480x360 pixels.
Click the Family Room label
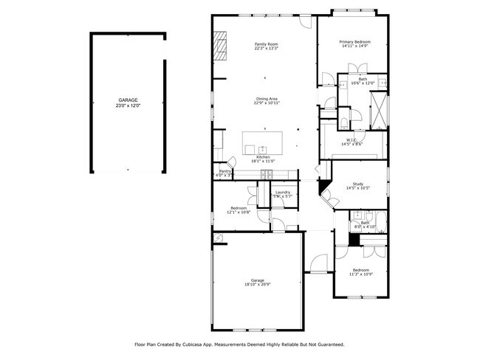click(x=266, y=45)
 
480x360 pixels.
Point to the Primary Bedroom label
click(x=354, y=42)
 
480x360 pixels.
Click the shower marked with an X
click(x=377, y=108)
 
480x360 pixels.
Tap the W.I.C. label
click(x=352, y=139)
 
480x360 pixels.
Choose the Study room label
click(x=358, y=184)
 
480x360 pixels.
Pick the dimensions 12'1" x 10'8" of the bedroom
click(x=239, y=212)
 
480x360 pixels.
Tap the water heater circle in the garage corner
click(x=218, y=238)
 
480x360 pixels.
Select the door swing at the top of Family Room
click(x=305, y=23)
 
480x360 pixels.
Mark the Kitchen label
click(x=264, y=157)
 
